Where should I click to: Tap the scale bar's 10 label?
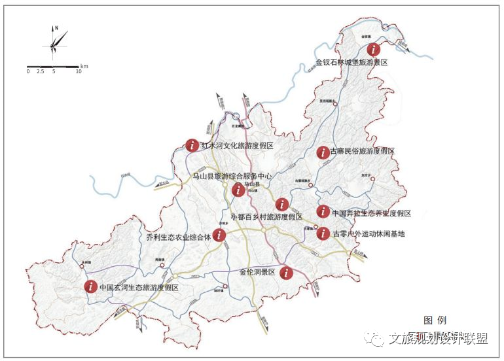pyautogui.click(x=78, y=71)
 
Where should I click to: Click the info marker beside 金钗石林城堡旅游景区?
pyautogui.click(x=374, y=48)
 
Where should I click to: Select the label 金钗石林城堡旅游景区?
pyautogui.click(x=351, y=63)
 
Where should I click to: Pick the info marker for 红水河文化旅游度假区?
pyautogui.click(x=192, y=145)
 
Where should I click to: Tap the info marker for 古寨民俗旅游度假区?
pyautogui.click(x=323, y=152)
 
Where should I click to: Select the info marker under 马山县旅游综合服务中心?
pyautogui.click(x=238, y=190)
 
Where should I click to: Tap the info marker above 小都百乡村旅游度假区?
pyautogui.click(x=282, y=204)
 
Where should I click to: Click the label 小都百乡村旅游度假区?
pyautogui.click(x=266, y=216)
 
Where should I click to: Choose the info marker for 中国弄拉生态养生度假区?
pyautogui.click(x=323, y=211)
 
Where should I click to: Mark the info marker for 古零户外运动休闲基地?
pyautogui.click(x=323, y=233)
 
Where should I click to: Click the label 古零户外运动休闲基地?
pyautogui.click(x=369, y=233)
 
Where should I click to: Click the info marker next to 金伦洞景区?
pyautogui.click(x=285, y=273)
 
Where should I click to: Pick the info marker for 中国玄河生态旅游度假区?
pyautogui.click(x=90, y=286)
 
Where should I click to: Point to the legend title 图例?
pyautogui.click(x=435, y=320)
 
